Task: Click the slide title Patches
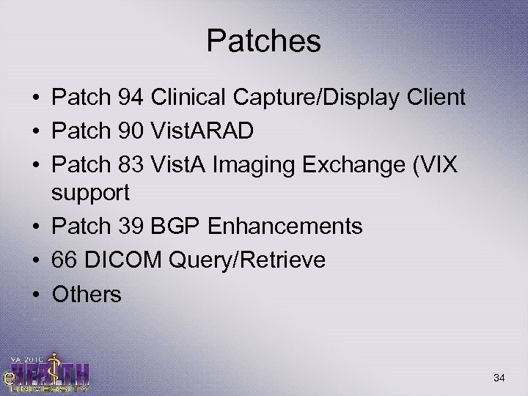263,42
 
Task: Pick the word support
91,193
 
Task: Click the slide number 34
501,377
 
